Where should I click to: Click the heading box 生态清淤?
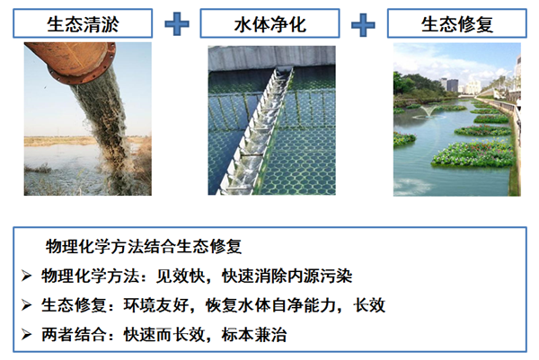[83, 23]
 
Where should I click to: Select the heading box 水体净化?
[269, 23]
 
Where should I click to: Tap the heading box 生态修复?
[457, 23]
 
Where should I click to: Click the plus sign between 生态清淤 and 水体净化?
[177, 24]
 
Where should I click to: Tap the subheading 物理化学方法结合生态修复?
[144, 246]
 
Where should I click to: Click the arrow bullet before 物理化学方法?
[26, 276]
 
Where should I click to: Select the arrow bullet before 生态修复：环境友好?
[26, 304]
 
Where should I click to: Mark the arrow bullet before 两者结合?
[26, 334]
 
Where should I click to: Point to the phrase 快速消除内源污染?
[287, 276]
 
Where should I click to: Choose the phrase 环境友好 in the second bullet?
[156, 305]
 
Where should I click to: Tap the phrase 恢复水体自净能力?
[271, 305]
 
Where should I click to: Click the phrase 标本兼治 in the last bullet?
[254, 335]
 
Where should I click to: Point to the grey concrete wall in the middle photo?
[271, 58]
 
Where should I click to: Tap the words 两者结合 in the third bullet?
[74, 335]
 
